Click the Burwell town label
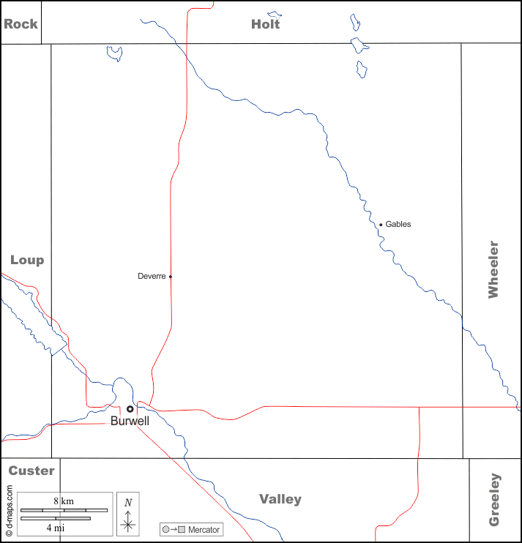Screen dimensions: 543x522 pyautogui.click(x=130, y=422)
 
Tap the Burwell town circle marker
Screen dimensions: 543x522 pyautogui.click(x=130, y=409)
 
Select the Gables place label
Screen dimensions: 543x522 pyautogui.click(x=398, y=224)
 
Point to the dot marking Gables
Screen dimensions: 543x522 pyautogui.click(x=381, y=225)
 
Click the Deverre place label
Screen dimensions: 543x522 pyautogui.click(x=152, y=276)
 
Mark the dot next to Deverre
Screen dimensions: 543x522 pyautogui.click(x=171, y=277)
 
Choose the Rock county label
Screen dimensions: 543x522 pyautogui.click(x=20, y=23)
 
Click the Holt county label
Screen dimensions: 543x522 pyautogui.click(x=265, y=23)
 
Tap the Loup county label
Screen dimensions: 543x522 pyautogui.click(x=27, y=260)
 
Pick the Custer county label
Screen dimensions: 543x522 pyautogui.click(x=31, y=471)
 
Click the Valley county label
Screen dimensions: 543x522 pyautogui.click(x=280, y=499)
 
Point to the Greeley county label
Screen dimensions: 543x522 pyautogui.click(x=494, y=500)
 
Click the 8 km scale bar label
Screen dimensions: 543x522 pyautogui.click(x=64, y=501)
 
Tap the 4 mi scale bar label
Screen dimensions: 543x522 pyautogui.click(x=55, y=527)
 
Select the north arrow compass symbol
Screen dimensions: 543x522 pyautogui.click(x=128, y=523)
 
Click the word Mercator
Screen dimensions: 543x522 pyautogui.click(x=204, y=529)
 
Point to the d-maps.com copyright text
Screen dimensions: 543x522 pyautogui.click(x=10, y=505)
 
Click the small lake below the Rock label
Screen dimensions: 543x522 pyautogui.click(x=114, y=53)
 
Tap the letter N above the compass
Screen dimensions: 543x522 pyautogui.click(x=128, y=502)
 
